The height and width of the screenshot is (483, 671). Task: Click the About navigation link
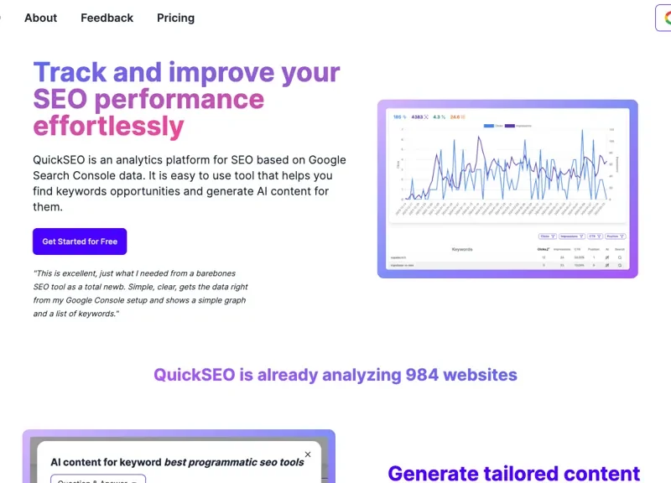[40, 18]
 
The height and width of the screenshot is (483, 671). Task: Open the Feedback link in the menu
[107, 18]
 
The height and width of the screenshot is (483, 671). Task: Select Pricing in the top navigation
[175, 18]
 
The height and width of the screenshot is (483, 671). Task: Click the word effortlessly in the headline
[108, 127]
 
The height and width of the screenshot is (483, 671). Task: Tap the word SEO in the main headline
[60, 99]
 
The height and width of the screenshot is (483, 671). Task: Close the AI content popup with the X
[308, 454]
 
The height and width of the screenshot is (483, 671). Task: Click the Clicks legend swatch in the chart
[489, 126]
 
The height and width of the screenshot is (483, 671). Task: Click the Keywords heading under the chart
[462, 249]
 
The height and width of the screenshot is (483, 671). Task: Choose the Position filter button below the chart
[616, 236]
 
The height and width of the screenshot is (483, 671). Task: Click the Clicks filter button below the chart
[547, 236]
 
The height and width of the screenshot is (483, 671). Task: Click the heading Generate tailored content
[513, 473]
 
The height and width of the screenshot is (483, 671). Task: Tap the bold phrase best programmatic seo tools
[234, 462]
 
